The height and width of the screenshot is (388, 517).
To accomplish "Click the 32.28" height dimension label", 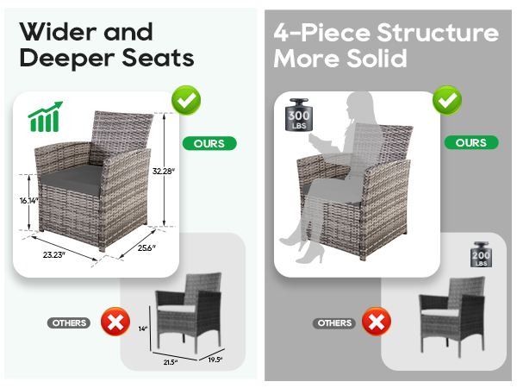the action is click(163, 171).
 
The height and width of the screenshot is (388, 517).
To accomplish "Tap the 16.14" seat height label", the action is click(29, 200).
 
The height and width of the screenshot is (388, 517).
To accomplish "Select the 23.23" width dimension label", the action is click(53, 254).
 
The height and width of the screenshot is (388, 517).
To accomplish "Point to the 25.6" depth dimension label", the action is click(146, 247).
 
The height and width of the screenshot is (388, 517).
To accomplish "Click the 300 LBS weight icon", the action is click(299, 115).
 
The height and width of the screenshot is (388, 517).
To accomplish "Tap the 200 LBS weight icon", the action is click(481, 254).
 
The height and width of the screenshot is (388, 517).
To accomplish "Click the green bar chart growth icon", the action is click(45, 116).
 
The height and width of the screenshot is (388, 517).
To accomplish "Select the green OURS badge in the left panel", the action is click(209, 143).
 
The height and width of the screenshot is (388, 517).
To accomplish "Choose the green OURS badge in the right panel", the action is click(471, 142).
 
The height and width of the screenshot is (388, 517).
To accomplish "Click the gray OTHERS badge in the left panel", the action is click(69, 322).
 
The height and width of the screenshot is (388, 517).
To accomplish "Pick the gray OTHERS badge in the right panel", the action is click(334, 322).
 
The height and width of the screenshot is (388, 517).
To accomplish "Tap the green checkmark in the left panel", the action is click(186, 100).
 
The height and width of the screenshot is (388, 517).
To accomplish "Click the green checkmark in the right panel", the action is click(447, 100).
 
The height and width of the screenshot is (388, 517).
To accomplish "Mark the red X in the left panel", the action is click(115, 322).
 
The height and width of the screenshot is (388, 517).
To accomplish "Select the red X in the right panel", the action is click(377, 322).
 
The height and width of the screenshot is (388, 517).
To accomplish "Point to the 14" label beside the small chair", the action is click(143, 329).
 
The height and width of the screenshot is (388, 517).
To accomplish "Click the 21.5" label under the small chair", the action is click(170, 362).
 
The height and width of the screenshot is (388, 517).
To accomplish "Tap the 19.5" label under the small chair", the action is click(215, 360).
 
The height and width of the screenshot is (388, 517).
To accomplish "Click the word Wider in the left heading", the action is click(59, 32).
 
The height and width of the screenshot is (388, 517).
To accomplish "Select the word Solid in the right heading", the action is click(377, 59).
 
